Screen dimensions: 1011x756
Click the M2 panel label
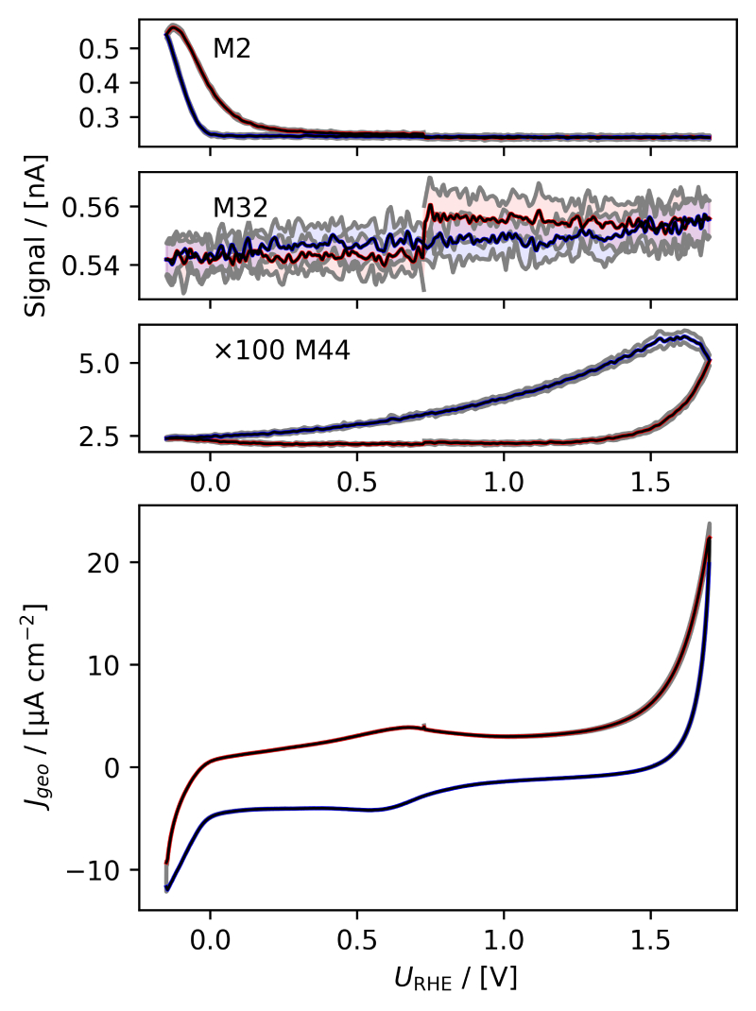(232, 49)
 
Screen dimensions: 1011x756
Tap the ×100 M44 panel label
(282, 352)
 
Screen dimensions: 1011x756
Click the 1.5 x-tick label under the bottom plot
(650, 941)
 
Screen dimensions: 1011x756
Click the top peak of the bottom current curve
(709, 526)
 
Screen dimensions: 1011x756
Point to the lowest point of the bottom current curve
(167, 889)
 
